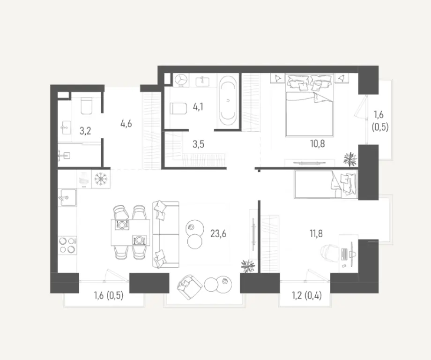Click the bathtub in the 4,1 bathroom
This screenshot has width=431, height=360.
click(228, 101)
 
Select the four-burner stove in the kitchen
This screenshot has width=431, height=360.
click(67, 245)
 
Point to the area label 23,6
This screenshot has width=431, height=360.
click(218, 233)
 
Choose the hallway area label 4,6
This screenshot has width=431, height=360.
click(126, 124)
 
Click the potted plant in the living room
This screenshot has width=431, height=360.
click(247, 266)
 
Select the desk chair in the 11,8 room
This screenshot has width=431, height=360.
click(330, 251)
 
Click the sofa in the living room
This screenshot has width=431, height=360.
click(165, 234)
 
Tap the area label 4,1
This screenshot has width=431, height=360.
click(198, 107)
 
